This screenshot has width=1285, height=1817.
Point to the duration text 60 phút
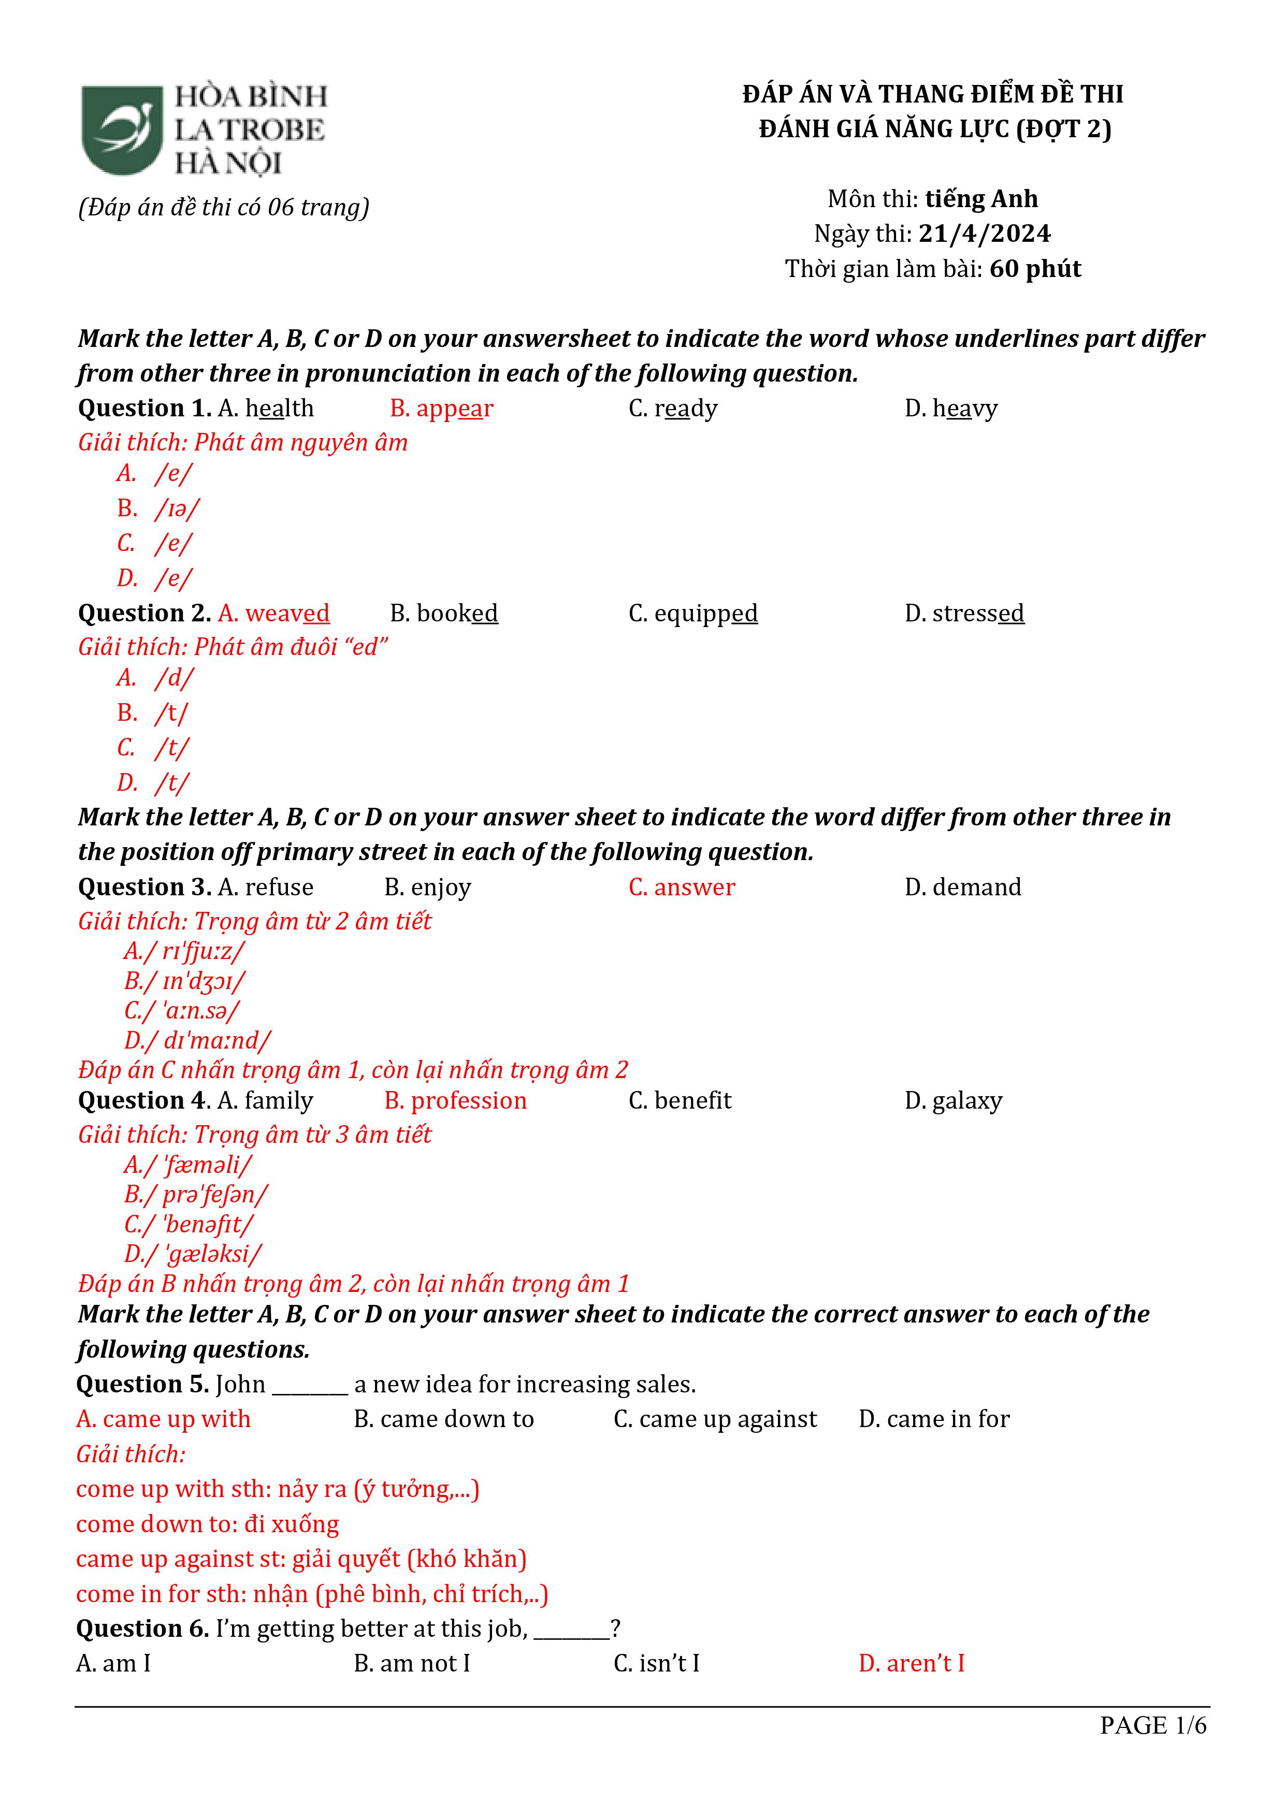click(1035, 269)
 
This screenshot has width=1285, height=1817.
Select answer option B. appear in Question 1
click(441, 409)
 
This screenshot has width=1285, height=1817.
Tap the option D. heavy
click(951, 409)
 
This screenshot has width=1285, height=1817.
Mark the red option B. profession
click(455, 1101)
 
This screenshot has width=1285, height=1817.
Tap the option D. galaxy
click(953, 1101)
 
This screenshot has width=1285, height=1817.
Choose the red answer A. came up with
click(163, 1419)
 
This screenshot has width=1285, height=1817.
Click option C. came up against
click(715, 1419)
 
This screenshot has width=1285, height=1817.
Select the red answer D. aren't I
click(911, 1664)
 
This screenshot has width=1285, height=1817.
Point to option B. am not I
click(412, 1664)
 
